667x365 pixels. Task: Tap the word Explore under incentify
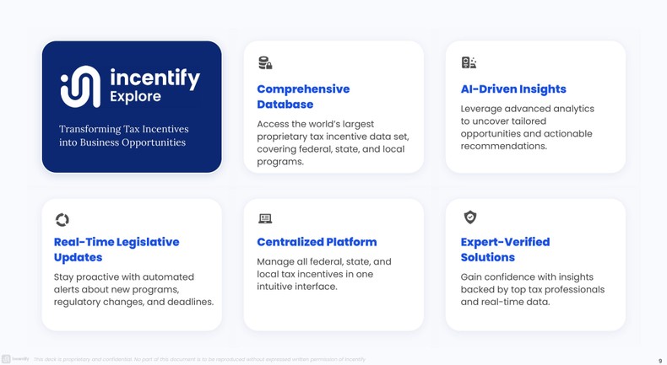pyautogui.click(x=135, y=97)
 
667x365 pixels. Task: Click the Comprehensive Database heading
pyautogui.click(x=302, y=96)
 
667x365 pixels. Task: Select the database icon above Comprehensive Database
pyautogui.click(x=265, y=62)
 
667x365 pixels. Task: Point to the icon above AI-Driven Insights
pyautogui.click(x=469, y=62)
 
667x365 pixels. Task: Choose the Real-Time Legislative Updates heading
pyautogui.click(x=117, y=249)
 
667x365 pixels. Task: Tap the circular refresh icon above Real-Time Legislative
pyautogui.click(x=62, y=220)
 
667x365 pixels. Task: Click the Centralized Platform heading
pyautogui.click(x=317, y=242)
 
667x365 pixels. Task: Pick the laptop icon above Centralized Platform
pyautogui.click(x=265, y=218)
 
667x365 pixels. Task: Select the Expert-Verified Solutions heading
pyautogui.click(x=505, y=249)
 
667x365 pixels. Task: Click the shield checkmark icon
pyautogui.click(x=470, y=217)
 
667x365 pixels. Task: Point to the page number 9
pyautogui.click(x=659, y=360)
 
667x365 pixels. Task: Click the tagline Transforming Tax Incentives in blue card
pyautogui.click(x=123, y=129)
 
